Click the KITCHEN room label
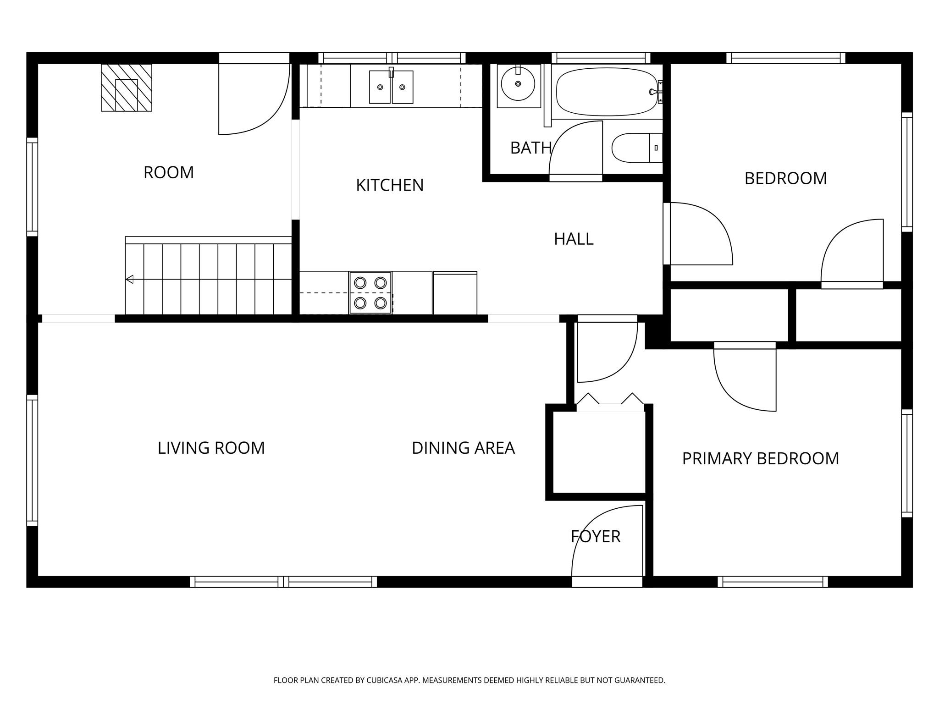(x=390, y=185)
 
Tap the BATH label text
(x=531, y=148)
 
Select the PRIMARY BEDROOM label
(x=761, y=458)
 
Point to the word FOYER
(x=596, y=536)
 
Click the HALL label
(x=574, y=239)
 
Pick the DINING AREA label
(x=463, y=448)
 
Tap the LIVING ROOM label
(x=211, y=448)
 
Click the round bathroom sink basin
(x=518, y=84)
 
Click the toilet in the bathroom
(x=637, y=148)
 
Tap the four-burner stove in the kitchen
(x=370, y=293)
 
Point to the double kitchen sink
(x=391, y=87)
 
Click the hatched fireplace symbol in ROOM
(x=127, y=88)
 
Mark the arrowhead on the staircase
(x=129, y=279)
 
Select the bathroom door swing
(x=575, y=151)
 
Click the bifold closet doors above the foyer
(x=610, y=399)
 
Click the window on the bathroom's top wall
(x=601, y=58)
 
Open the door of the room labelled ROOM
(x=254, y=99)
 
